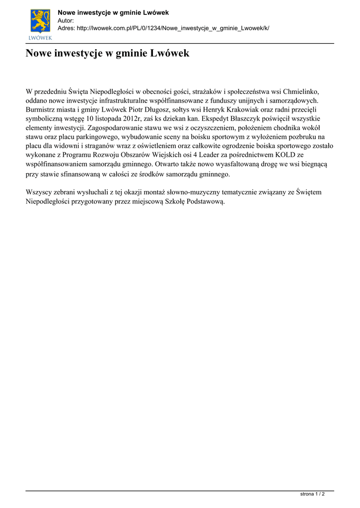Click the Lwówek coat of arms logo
[41, 23]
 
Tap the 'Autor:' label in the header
[66, 20]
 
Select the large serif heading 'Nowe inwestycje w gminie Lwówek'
[107, 53]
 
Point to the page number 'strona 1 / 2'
[313, 494]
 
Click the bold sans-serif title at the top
[113, 12]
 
